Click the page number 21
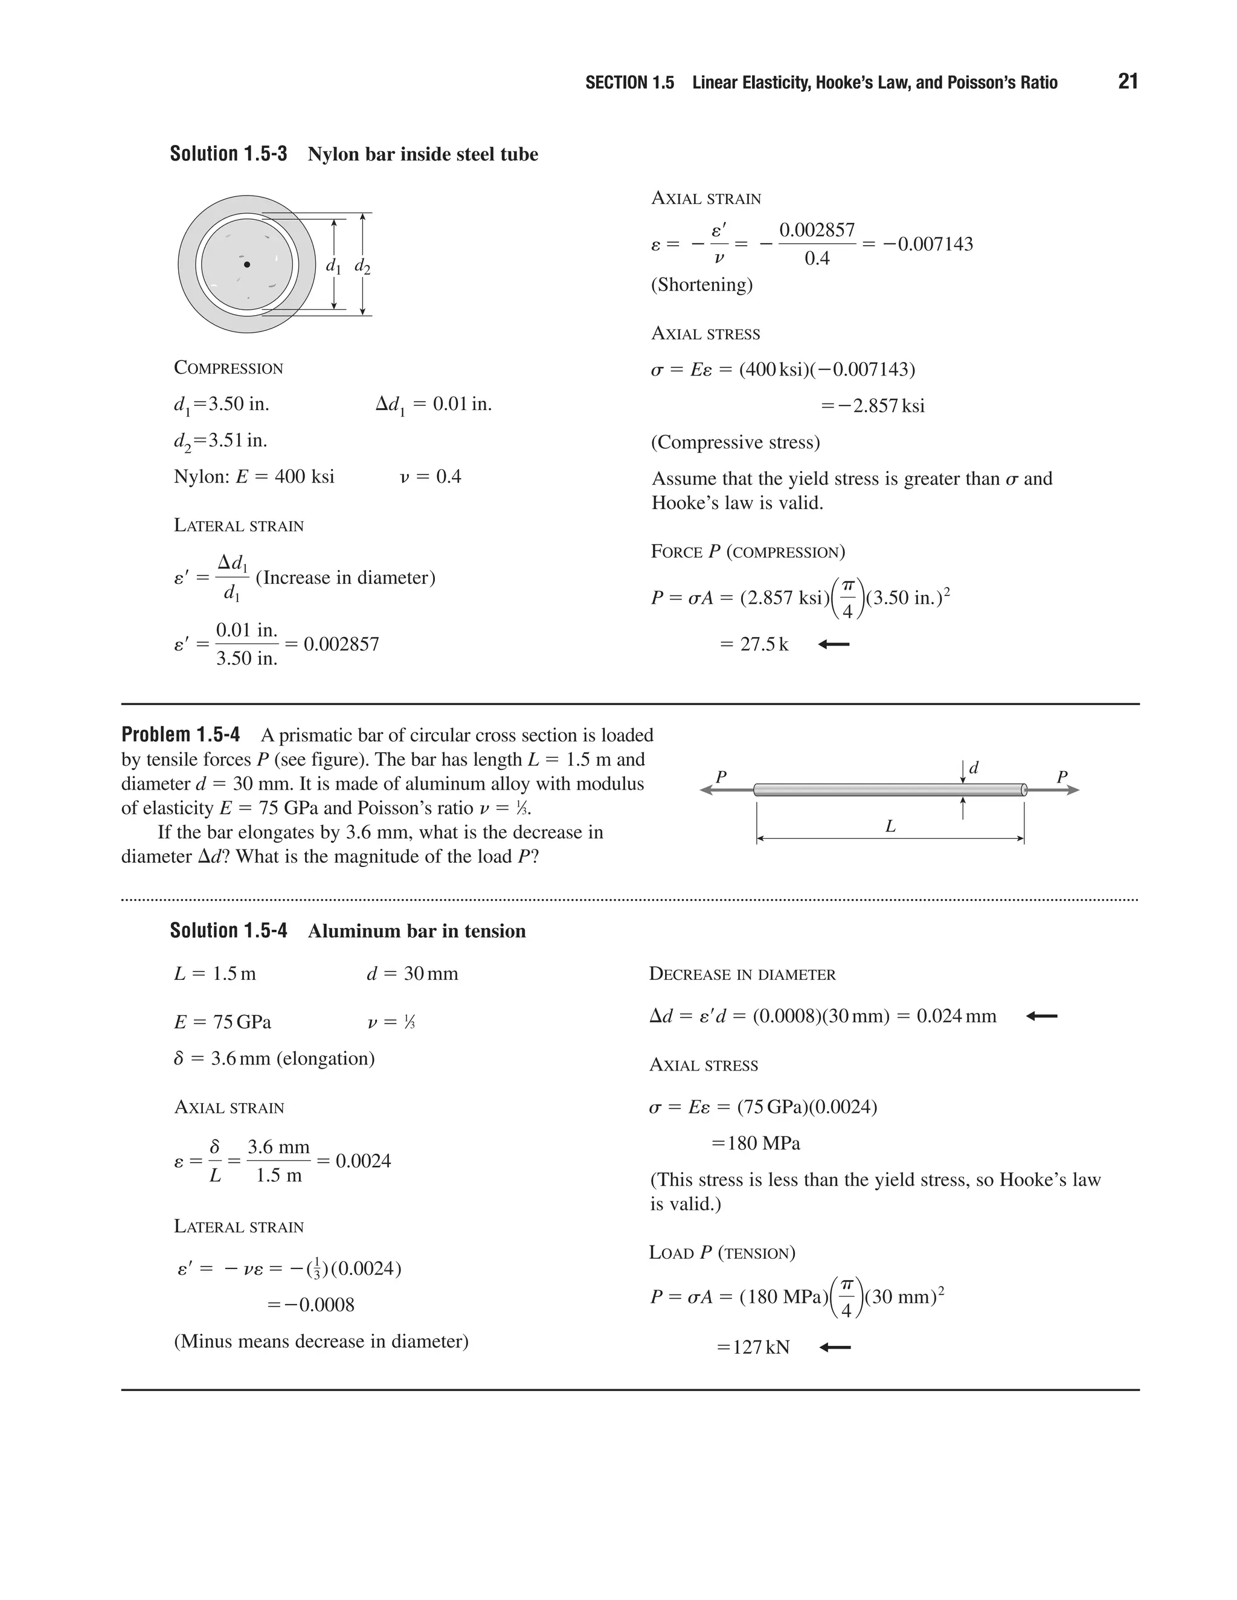point(1128,82)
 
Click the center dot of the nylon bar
point(247,264)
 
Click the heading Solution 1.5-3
point(228,154)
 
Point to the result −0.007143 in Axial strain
point(928,244)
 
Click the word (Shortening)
point(701,284)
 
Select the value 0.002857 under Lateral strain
point(341,645)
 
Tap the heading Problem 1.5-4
point(180,735)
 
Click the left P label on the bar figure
point(721,777)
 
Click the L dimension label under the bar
point(890,827)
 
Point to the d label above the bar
point(974,769)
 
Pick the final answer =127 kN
point(753,1347)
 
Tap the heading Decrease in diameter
point(742,974)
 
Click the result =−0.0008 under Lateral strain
point(310,1305)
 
